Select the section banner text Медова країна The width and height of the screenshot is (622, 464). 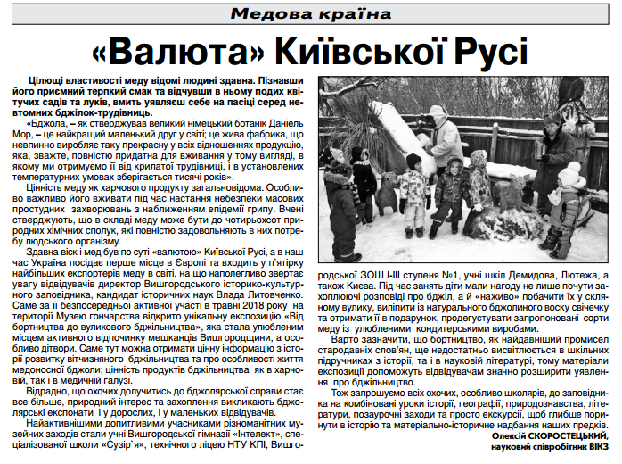coord(311,14)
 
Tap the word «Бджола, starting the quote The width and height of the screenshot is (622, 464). coord(47,125)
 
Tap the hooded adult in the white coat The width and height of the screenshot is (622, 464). coord(442,138)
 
